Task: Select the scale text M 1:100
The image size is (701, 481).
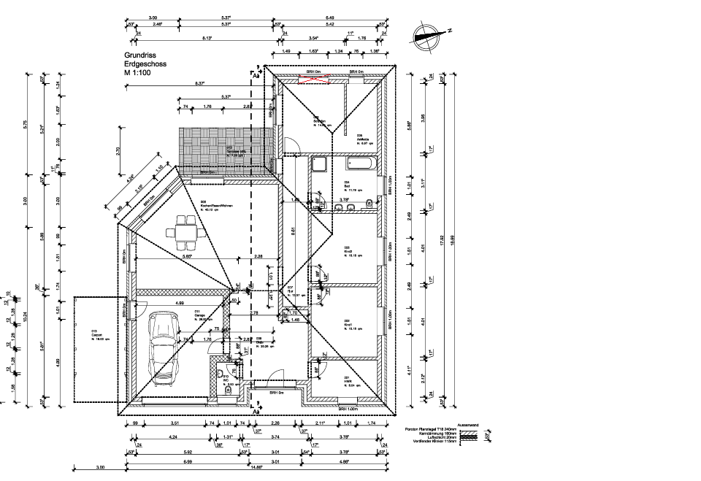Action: coord(138,73)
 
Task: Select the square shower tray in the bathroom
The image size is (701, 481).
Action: coord(319,164)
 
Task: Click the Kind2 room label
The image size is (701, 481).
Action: coord(348,247)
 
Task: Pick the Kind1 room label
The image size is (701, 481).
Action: coord(348,320)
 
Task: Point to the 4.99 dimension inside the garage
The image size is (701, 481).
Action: coord(179,302)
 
